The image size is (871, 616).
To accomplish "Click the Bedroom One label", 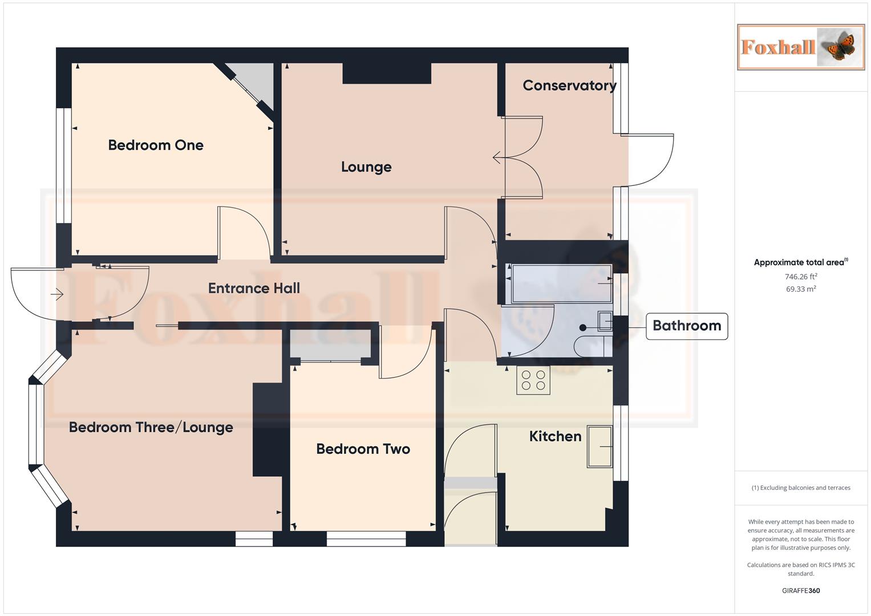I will (156, 145).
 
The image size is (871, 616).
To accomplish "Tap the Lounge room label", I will (366, 167).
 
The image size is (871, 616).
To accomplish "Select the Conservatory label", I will (569, 86).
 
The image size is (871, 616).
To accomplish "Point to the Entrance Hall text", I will (254, 289).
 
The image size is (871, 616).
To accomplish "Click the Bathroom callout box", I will (686, 326).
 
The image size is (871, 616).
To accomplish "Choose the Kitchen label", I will (555, 436).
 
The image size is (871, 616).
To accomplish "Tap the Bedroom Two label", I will (363, 449).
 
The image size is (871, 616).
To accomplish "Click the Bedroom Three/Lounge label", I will (151, 428).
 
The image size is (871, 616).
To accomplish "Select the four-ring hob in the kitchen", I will (533, 381).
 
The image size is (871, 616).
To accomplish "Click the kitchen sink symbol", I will (599, 447).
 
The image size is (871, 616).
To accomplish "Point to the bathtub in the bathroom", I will (561, 283).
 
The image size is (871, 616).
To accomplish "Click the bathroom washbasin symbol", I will (605, 321).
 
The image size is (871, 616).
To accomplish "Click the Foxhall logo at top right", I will (800, 47).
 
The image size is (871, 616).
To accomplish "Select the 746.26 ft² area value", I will (800, 277).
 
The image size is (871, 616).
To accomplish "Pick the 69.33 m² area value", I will (800, 289).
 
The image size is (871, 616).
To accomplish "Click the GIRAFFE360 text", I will (800, 591).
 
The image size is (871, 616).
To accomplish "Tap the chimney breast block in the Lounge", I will (387, 73).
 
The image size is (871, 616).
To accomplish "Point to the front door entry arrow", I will (56, 294).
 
